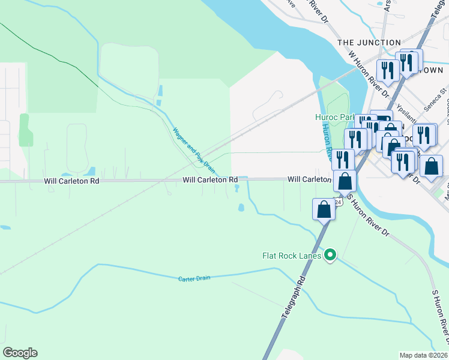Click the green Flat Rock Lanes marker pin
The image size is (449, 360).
330,256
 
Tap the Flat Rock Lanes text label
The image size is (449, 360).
292,256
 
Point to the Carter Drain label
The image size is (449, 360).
194,279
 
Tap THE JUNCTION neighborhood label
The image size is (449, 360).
369,43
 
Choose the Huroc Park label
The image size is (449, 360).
334,117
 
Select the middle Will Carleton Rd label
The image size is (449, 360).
210,179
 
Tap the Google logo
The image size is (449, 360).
20,353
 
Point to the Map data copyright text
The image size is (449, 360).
423,355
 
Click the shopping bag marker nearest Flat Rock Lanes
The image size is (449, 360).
323,210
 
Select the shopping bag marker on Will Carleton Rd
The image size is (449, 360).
345,181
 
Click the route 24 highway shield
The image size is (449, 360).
338,202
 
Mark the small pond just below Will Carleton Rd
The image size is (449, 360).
241,208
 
